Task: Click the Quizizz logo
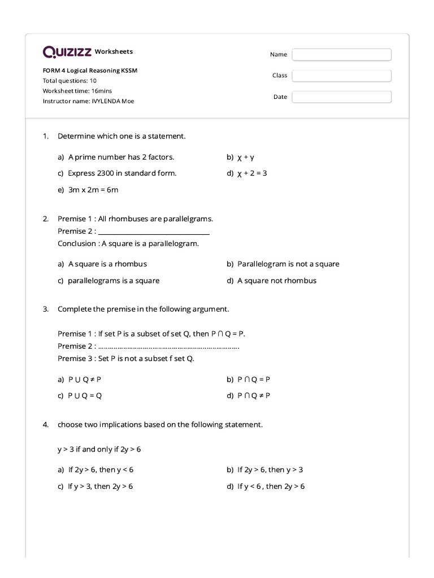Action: click(67, 52)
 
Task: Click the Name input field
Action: click(341, 55)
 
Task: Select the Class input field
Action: click(341, 76)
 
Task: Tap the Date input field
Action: click(341, 97)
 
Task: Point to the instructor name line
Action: click(88, 101)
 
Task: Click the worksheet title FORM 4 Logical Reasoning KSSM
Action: click(90, 71)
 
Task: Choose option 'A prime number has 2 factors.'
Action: click(121, 157)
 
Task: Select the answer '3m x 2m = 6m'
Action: click(93, 190)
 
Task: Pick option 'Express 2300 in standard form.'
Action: click(122, 173)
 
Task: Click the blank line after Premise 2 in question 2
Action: click(154, 231)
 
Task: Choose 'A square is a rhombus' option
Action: click(107, 264)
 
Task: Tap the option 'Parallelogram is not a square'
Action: click(288, 264)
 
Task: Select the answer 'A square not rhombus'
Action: click(277, 281)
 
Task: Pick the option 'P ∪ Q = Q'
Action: click(85, 396)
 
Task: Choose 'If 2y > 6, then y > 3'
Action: click(270, 470)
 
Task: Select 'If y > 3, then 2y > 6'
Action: click(100, 486)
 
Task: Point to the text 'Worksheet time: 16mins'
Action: click(77, 91)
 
